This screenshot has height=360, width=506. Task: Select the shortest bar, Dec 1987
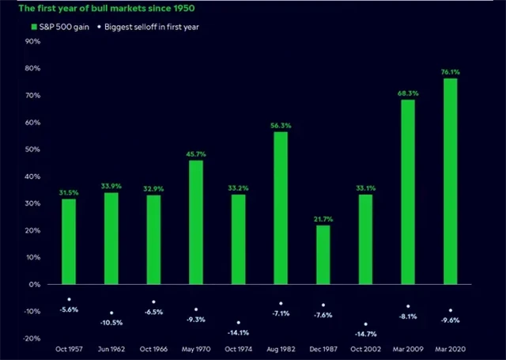point(323,254)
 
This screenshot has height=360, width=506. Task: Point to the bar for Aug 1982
point(281,207)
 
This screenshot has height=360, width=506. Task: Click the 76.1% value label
point(449,71)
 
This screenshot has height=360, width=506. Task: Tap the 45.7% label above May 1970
point(196,153)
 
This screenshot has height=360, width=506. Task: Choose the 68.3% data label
point(407,93)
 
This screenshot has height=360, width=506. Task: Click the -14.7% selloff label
point(364,335)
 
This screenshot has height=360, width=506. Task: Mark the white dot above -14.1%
point(239,322)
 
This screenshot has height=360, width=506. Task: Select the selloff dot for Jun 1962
point(111,313)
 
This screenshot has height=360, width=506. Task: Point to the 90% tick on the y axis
point(33,41)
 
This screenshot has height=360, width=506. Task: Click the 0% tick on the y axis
point(36,284)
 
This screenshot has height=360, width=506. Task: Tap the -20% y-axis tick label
point(32,338)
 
